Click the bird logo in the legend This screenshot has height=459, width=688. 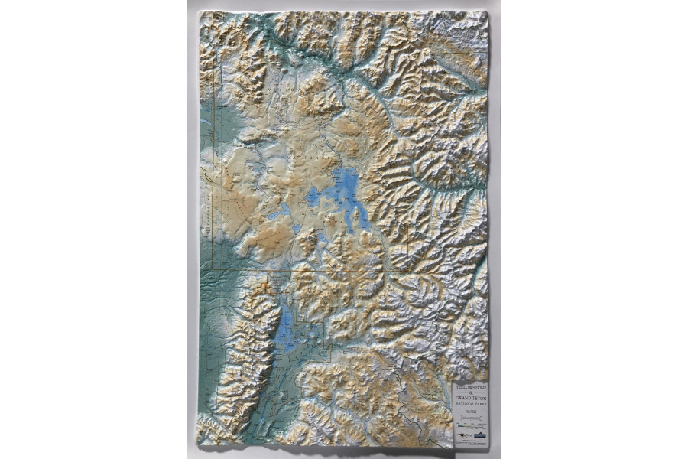tap(462, 435)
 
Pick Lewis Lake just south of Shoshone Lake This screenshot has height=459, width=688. tap(297, 228)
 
